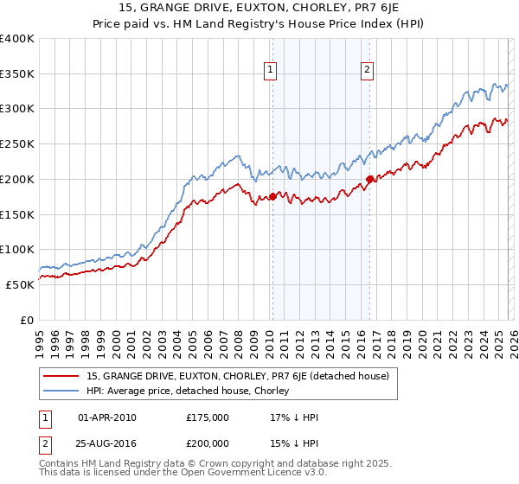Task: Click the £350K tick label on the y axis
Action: point(17,74)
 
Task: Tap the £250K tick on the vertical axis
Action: point(17,144)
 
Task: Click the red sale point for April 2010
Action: point(272,196)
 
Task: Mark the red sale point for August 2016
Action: point(369,179)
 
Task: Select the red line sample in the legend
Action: point(62,376)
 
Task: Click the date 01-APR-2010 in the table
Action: point(107,417)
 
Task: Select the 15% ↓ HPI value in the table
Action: point(294,442)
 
